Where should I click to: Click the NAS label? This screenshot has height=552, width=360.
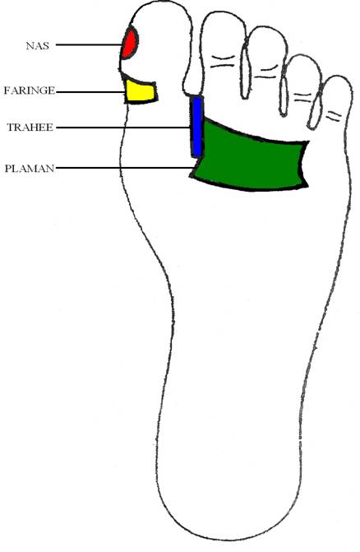(x=38, y=46)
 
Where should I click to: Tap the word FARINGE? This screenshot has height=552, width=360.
(x=30, y=90)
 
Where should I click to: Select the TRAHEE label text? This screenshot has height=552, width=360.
(x=30, y=127)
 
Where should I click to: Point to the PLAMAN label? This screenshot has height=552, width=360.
(x=30, y=169)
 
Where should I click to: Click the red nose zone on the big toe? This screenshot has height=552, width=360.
(x=129, y=43)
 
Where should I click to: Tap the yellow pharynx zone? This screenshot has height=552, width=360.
(x=141, y=91)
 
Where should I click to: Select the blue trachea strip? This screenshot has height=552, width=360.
(x=197, y=127)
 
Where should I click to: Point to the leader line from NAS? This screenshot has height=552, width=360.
(x=89, y=44)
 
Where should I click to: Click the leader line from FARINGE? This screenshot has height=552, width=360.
(x=90, y=92)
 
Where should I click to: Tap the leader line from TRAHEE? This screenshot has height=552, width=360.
(x=123, y=128)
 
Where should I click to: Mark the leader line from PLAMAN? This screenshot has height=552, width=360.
(x=125, y=168)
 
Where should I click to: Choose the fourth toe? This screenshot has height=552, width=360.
(x=303, y=88)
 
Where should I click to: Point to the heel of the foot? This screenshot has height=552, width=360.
(x=228, y=511)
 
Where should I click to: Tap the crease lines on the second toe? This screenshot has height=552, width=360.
(x=223, y=62)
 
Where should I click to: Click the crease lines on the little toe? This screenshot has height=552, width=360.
(x=334, y=116)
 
